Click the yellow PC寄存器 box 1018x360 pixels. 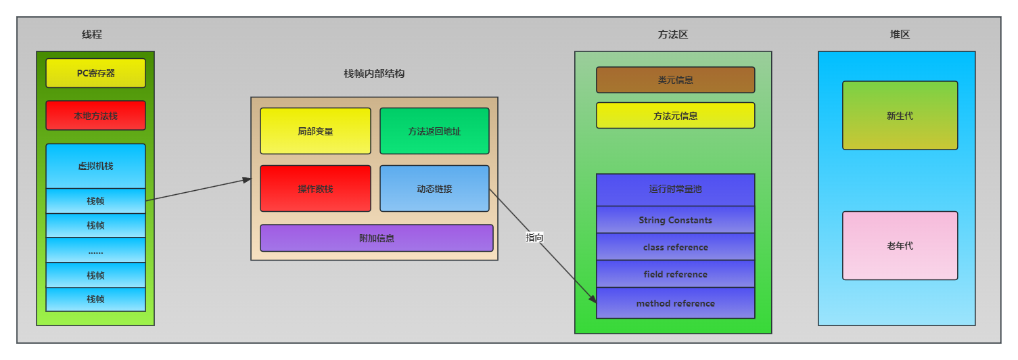click(x=95, y=73)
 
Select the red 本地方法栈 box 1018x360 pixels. click(x=95, y=116)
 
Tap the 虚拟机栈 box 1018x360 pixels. click(x=95, y=166)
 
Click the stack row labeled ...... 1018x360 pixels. click(x=95, y=251)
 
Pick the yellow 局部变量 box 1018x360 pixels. click(x=315, y=131)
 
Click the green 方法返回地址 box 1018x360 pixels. click(x=434, y=131)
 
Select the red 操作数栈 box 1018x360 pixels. click(x=315, y=189)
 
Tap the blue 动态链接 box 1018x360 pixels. click(x=434, y=189)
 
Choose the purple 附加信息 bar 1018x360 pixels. click(x=377, y=238)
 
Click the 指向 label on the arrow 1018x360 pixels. click(x=534, y=238)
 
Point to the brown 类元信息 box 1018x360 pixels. click(x=675, y=80)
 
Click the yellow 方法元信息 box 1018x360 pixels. click(x=675, y=116)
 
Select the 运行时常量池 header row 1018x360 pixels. click(x=675, y=189)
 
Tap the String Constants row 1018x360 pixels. click(x=675, y=220)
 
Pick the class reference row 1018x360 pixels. click(x=675, y=247)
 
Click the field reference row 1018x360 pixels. click(x=675, y=274)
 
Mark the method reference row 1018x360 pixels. click(x=675, y=303)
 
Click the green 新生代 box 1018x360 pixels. click(x=900, y=116)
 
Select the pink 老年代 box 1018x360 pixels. click(x=900, y=246)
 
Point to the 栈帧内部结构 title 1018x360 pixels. click(x=374, y=74)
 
